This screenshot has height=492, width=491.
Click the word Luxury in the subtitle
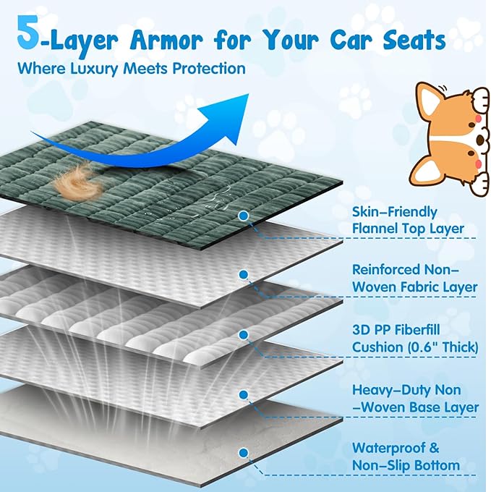click(x=95, y=68)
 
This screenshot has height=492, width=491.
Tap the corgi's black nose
click(x=479, y=139)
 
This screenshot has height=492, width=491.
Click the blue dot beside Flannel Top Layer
click(x=244, y=216)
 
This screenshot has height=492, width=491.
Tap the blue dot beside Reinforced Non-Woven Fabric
click(x=243, y=275)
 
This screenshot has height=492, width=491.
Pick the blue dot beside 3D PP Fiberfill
click(x=243, y=335)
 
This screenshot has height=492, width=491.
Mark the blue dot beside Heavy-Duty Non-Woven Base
click(x=243, y=394)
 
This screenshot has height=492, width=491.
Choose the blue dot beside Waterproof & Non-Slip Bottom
click(x=243, y=453)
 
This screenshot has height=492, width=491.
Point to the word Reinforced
click(x=385, y=270)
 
